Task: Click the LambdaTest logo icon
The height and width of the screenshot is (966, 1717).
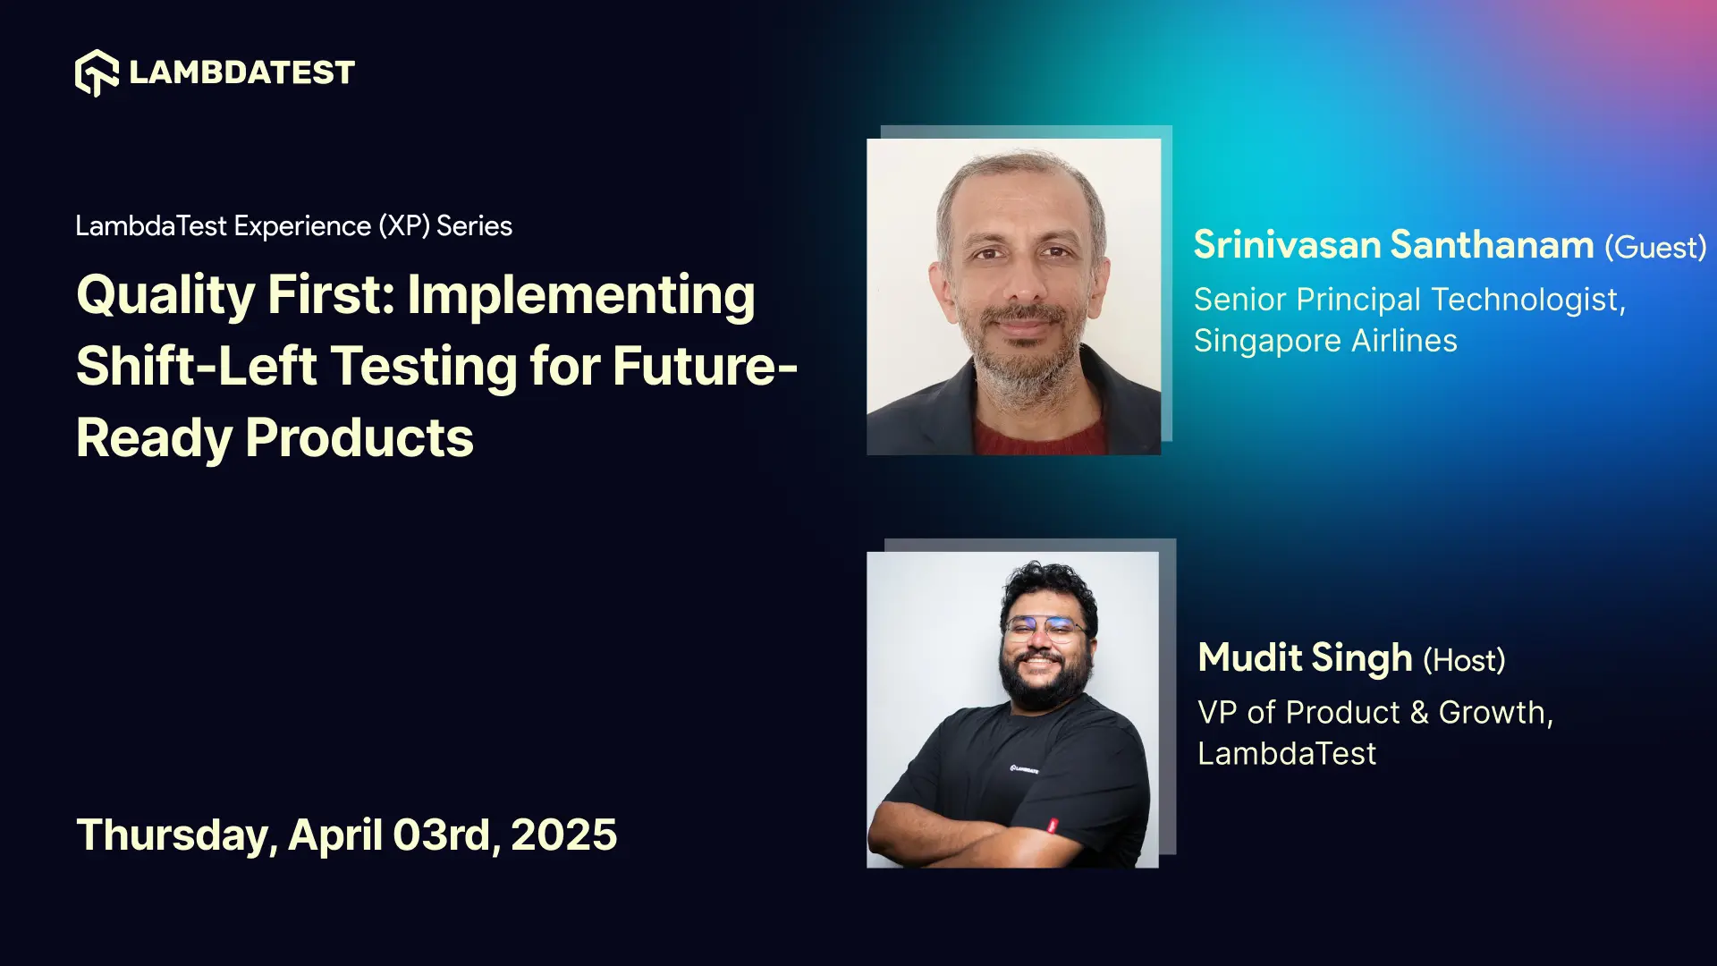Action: point(97,72)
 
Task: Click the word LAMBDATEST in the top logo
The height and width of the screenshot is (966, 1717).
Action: point(241,72)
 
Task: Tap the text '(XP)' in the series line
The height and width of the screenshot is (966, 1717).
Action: point(404,226)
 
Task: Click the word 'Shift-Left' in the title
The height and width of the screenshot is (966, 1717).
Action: point(197,368)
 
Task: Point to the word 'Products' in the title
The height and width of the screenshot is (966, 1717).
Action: point(359,438)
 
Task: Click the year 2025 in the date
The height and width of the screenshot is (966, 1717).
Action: point(563,835)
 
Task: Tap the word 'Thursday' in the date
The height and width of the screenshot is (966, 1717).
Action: point(175,835)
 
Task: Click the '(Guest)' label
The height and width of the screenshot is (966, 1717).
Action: point(1654,248)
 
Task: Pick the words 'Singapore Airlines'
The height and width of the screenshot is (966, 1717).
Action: point(1325,341)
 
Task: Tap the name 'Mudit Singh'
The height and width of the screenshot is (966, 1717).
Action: point(1305,658)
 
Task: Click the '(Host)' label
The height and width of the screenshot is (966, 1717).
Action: point(1464,661)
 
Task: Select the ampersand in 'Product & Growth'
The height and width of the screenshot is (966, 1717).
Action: point(1419,713)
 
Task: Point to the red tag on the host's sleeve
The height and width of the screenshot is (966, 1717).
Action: point(1053,825)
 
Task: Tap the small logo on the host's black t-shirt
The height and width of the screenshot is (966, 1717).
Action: point(1024,769)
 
